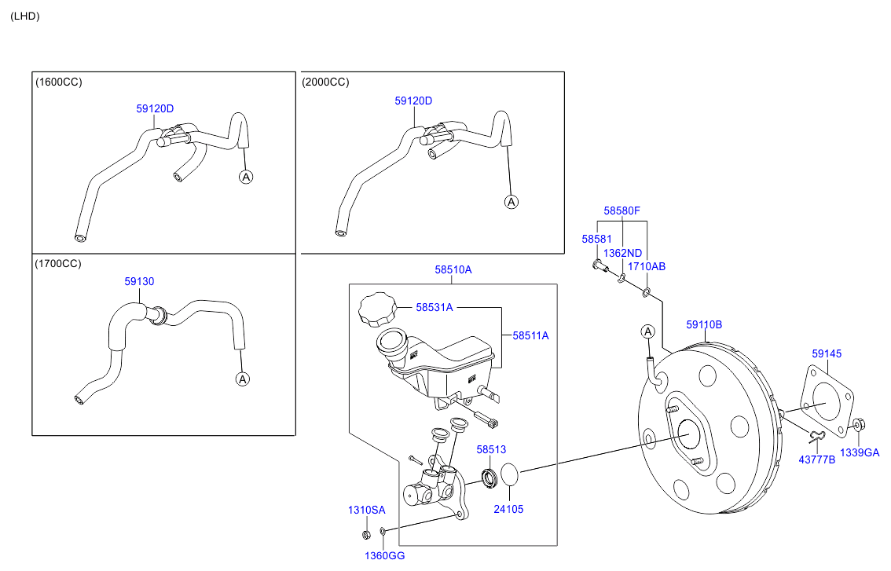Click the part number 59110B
tap(704, 324)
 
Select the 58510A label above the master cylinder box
tap(453, 270)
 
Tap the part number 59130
tap(139, 281)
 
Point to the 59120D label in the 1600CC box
tap(155, 108)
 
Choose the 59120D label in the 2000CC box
tap(413, 101)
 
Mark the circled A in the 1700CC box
tap(243, 379)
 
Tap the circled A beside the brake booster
tap(647, 331)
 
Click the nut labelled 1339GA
tap(859, 424)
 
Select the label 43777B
tap(817, 459)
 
